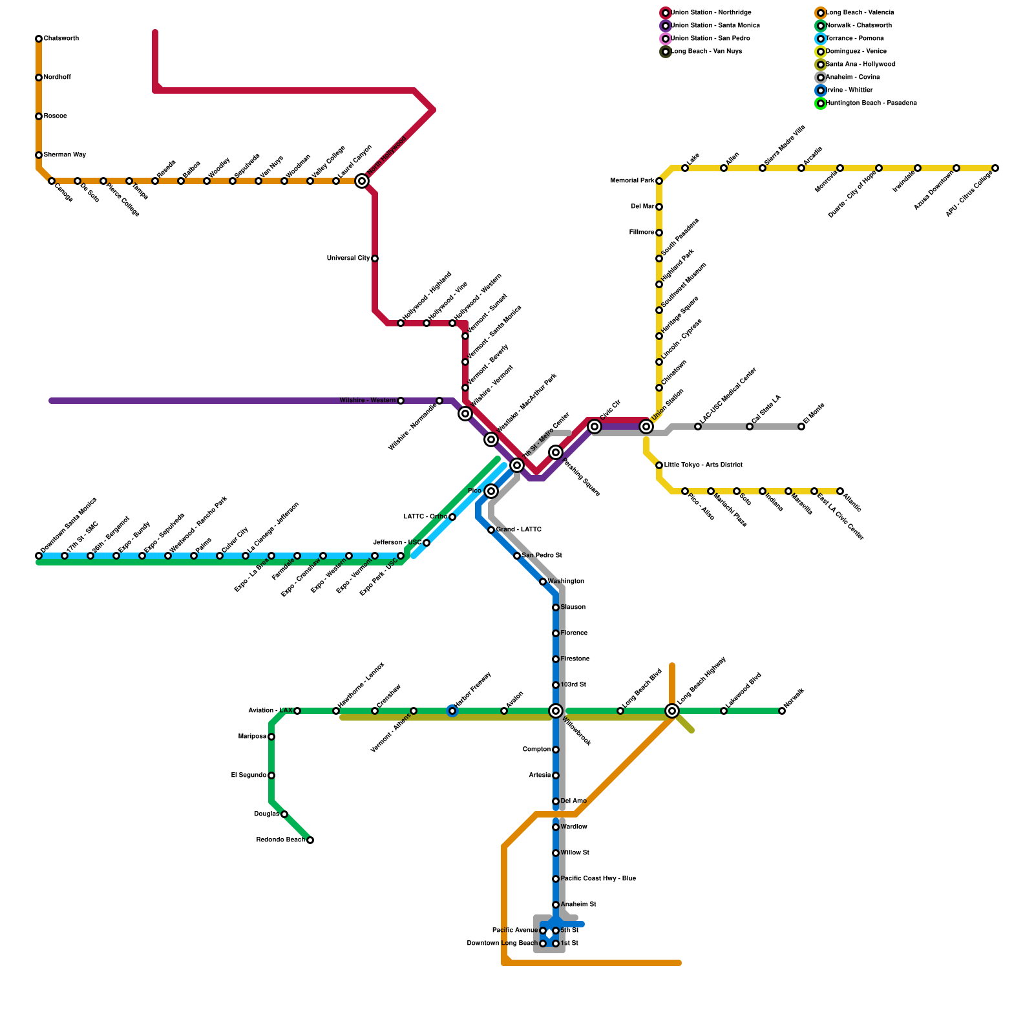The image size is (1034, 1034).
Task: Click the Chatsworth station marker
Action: (x=39, y=39)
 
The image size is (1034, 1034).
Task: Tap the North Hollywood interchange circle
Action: (x=362, y=181)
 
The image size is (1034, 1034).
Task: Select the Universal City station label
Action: (x=348, y=258)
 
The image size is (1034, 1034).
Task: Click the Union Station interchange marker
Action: (x=646, y=427)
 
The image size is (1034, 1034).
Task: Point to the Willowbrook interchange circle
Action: (x=556, y=711)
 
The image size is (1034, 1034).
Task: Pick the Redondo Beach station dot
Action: (x=310, y=840)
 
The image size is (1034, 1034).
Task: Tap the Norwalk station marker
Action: (x=782, y=711)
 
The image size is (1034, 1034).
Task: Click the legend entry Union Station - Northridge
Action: (x=711, y=13)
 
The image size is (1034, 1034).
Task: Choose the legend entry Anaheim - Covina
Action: (x=852, y=78)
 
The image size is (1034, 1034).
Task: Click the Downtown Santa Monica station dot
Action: (x=39, y=556)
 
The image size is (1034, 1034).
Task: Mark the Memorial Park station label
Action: (x=632, y=181)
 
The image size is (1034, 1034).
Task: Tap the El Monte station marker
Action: (x=801, y=427)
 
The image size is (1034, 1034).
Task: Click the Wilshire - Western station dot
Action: (x=401, y=401)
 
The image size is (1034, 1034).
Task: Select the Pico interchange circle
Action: (x=491, y=491)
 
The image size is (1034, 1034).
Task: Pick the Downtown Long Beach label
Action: (x=502, y=944)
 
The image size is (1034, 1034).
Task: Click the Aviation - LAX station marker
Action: (x=297, y=711)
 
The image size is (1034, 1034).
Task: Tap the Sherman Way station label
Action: (x=65, y=155)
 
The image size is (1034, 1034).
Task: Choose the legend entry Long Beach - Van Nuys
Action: (x=706, y=52)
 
